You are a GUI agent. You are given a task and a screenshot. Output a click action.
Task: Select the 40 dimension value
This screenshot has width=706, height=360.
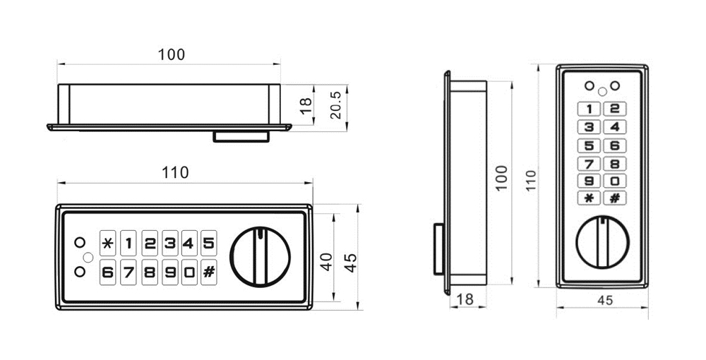[325, 263]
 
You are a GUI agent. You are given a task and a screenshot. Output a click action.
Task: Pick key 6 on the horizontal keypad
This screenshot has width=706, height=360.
[107, 271]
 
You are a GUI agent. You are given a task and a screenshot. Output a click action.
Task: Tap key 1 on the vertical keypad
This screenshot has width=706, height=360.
[589, 109]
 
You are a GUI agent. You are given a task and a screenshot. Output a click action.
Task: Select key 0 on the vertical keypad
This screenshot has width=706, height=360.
[614, 181]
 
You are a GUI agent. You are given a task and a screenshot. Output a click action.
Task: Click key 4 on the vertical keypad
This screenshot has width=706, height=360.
[614, 127]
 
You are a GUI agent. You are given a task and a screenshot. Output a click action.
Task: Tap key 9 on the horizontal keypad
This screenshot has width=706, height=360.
[169, 271]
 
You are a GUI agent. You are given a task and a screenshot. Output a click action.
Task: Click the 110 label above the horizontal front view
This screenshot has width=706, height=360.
[175, 172]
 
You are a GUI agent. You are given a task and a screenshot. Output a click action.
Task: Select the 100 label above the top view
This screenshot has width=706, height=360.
[171, 54]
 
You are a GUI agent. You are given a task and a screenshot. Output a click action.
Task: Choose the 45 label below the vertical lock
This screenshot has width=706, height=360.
[604, 300]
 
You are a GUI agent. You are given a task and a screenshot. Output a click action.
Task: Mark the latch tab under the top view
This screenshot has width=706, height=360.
[241, 136]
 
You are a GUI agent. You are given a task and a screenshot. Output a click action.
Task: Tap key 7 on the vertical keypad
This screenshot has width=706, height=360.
[589, 163]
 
